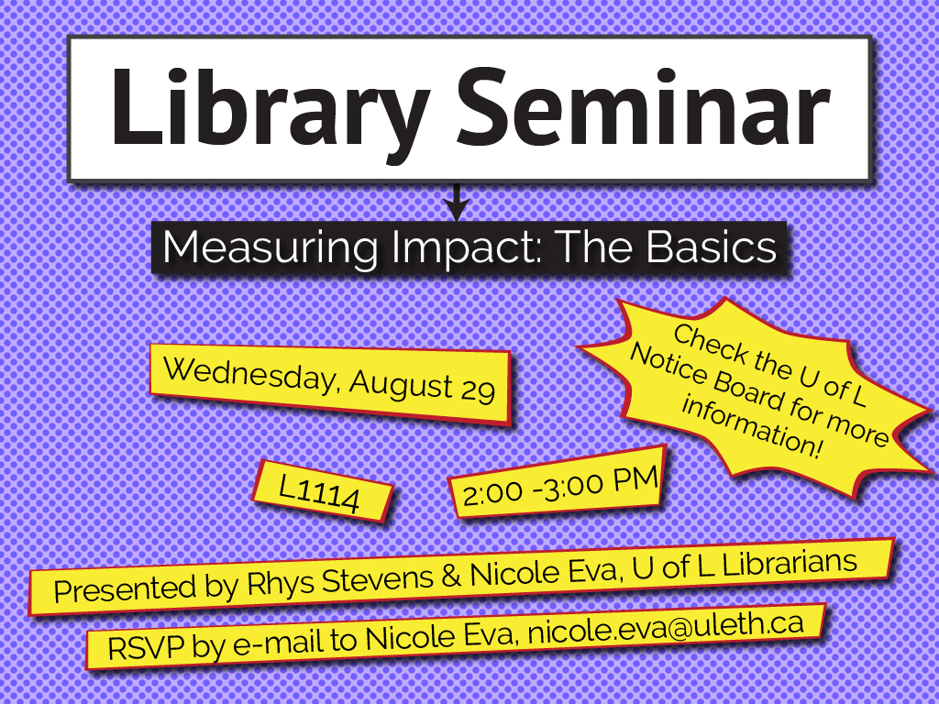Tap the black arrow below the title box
pos(457,202)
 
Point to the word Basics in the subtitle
pos(712,246)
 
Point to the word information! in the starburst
pos(753,425)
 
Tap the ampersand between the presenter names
pos(451,576)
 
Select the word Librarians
pos(790,563)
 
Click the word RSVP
pos(146,648)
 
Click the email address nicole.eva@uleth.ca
pos(666,627)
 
